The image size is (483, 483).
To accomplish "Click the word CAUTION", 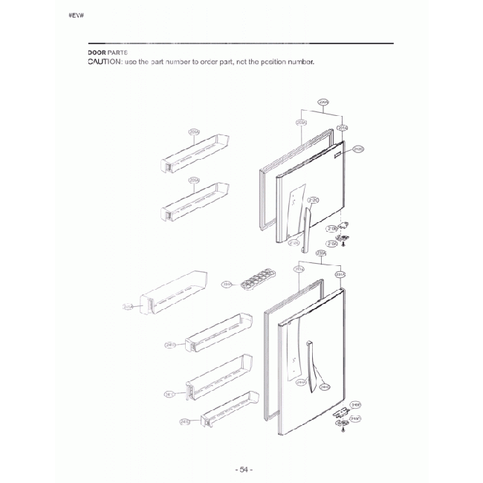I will coord(104,61).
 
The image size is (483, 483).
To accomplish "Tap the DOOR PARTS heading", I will coord(108,53).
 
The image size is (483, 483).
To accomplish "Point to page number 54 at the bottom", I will coord(243,470).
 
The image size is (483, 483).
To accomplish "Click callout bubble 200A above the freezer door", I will coord(322,102).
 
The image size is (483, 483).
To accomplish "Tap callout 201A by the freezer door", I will coord(343,128).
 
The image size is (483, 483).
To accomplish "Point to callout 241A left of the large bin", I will coord(128,306).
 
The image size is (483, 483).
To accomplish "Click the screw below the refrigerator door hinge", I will coord(343,430).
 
